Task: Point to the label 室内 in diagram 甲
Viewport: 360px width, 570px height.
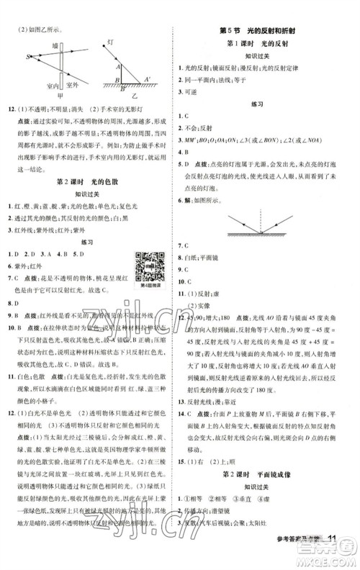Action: (52, 85)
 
